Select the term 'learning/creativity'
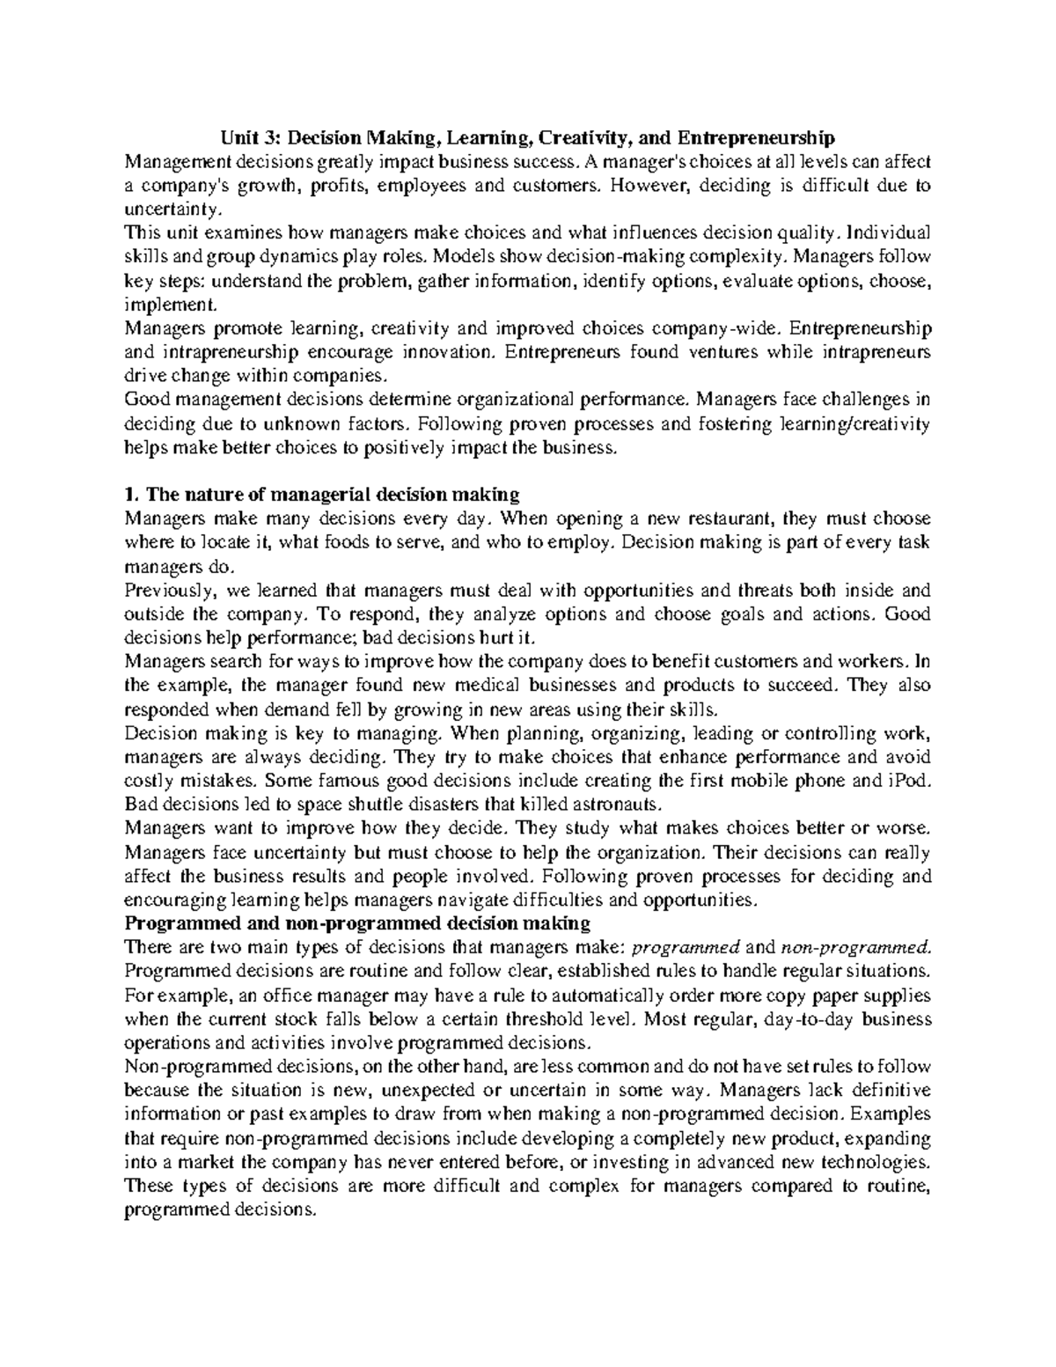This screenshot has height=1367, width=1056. click(854, 423)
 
